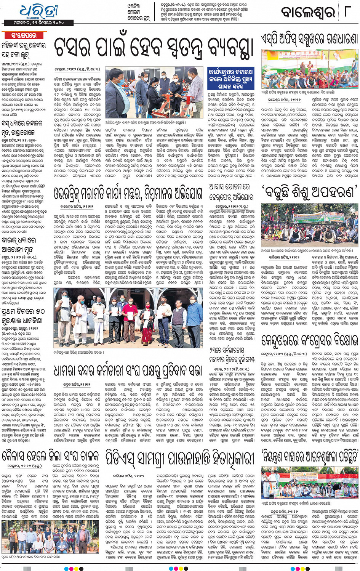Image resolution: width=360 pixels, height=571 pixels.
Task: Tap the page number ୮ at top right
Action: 347,11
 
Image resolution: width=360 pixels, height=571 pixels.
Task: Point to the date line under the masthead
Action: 34,23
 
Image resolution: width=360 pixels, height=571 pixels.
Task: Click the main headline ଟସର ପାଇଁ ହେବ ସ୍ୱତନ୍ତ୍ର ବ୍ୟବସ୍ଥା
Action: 154,48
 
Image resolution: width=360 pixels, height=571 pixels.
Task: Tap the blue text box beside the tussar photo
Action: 230,79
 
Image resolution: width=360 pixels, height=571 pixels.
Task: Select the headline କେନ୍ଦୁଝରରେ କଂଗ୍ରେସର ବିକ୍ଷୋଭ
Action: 310,340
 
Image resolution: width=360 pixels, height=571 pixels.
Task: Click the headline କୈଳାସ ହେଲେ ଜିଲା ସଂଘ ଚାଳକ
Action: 51,456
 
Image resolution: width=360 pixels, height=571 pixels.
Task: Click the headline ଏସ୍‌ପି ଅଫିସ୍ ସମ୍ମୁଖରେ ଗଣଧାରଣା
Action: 310,39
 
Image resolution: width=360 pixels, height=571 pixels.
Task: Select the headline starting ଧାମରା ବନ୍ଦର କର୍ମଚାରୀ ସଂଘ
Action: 128,370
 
